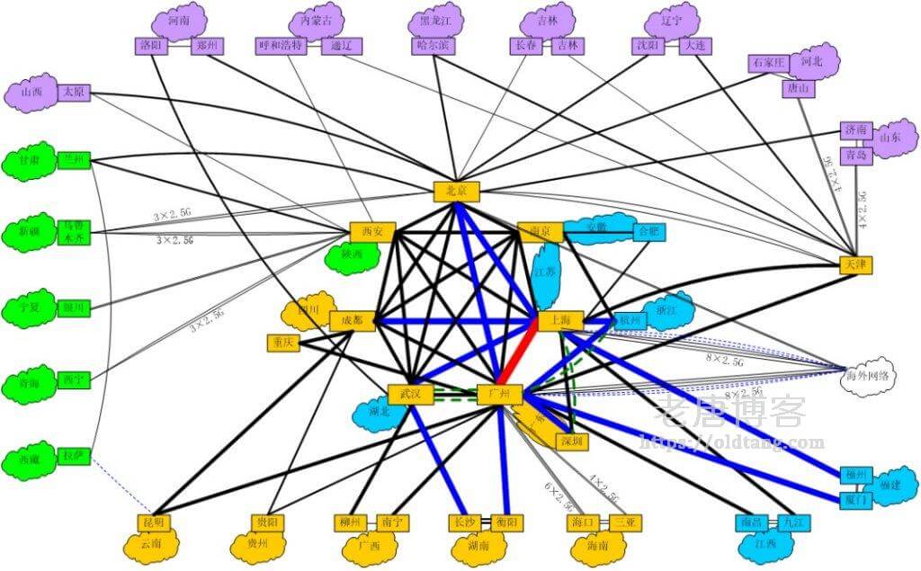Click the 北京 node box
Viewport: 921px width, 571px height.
point(457,191)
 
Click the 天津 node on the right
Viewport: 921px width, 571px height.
point(854,264)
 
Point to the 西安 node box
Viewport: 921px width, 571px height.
point(371,232)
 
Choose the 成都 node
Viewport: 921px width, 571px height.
point(352,320)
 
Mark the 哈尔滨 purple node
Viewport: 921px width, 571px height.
point(433,45)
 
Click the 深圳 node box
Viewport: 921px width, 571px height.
point(570,441)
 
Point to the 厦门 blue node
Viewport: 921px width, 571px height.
point(855,497)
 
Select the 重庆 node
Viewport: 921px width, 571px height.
point(283,343)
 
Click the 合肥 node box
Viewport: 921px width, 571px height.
point(648,231)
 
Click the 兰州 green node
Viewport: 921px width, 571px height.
point(74,160)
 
